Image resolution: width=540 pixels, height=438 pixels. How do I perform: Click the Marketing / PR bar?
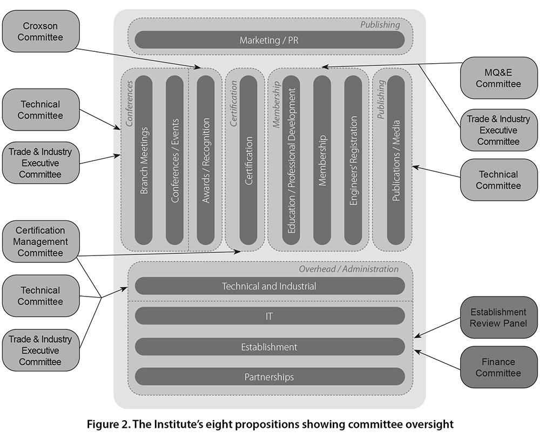[269, 39]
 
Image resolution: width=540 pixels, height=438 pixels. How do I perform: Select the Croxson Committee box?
[40, 31]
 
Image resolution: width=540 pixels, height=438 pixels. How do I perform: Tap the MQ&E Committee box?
[498, 78]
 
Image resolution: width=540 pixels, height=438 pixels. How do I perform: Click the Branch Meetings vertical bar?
[144, 160]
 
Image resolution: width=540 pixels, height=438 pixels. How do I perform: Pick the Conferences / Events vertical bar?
[174, 160]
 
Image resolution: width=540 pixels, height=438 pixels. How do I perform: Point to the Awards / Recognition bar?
[205, 160]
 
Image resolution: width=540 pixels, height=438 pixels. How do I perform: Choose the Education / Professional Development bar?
[291, 160]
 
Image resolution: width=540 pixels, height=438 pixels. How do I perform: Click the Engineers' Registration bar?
[353, 160]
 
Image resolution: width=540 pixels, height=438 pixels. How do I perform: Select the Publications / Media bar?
[396, 160]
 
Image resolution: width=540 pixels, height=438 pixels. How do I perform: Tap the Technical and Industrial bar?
[269, 286]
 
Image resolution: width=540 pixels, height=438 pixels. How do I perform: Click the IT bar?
[269, 316]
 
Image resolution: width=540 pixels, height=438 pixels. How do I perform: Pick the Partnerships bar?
[269, 376]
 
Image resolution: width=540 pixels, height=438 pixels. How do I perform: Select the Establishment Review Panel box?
[498, 318]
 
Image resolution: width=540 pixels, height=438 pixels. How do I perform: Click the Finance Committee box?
[498, 367]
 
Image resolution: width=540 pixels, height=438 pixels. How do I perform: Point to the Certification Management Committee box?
[40, 241]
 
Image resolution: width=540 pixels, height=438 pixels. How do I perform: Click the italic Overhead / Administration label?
[348, 269]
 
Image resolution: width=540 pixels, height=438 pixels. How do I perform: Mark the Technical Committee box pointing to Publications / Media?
[498, 180]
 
